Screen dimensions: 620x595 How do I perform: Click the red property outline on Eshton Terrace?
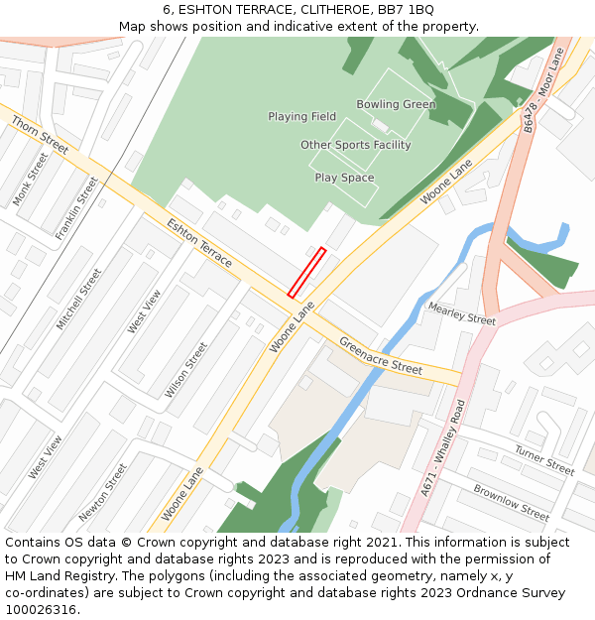306,273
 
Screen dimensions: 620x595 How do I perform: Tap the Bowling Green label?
396,104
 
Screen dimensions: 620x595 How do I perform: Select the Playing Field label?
301,116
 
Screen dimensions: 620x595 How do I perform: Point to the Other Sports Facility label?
355,145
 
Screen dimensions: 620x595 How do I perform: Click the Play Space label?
344,178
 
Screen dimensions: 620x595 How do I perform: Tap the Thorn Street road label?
40,134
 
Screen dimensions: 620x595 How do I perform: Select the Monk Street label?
31,180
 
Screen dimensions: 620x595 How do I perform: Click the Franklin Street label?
77,207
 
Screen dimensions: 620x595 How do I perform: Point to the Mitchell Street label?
79,299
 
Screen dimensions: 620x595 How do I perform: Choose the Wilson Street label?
186,370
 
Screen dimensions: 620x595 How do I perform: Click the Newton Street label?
103,491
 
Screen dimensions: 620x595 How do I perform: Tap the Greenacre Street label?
381,355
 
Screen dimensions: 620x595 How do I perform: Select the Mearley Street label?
461,313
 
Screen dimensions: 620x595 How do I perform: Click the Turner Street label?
543,459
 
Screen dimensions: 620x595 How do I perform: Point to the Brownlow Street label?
511,503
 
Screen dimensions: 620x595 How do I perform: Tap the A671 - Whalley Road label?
442,447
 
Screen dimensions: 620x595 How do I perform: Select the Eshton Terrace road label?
199,242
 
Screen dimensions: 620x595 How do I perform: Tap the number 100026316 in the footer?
40,610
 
